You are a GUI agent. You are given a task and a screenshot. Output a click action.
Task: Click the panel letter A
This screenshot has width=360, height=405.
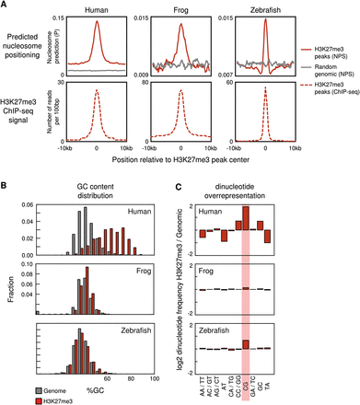6,6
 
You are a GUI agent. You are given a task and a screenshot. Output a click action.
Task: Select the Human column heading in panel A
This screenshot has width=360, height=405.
98,11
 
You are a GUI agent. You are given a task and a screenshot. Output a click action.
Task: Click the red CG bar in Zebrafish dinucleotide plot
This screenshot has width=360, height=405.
245,343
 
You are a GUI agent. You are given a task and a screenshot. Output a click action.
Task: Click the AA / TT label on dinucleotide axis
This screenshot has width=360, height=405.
201,387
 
